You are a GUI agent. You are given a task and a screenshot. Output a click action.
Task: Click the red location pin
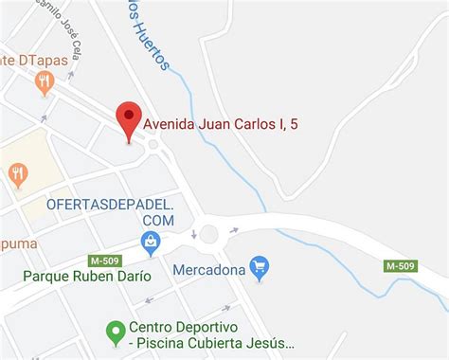click(x=129, y=119)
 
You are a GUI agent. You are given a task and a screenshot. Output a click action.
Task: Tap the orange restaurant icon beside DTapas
click(x=44, y=83)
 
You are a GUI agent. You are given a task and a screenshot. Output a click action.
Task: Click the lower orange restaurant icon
click(x=17, y=174)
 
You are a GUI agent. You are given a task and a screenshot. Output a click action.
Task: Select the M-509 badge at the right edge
click(x=401, y=265)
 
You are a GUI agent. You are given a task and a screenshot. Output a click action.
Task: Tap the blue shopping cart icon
click(x=260, y=268)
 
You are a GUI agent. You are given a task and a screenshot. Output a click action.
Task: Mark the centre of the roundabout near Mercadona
click(x=208, y=233)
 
